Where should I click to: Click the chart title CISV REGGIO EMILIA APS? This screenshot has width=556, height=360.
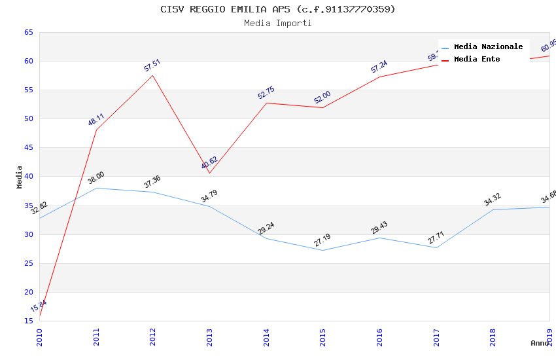(x=278, y=9)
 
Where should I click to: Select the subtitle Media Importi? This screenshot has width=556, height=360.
(x=278, y=23)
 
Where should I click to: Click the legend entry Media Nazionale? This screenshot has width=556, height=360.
(x=488, y=46)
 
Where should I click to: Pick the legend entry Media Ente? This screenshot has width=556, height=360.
(x=477, y=59)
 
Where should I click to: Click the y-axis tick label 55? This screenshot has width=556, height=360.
(x=28, y=90)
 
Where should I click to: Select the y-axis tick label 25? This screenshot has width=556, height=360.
(x=28, y=263)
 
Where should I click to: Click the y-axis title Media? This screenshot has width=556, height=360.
(x=20, y=177)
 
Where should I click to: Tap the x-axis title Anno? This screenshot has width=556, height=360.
(x=540, y=343)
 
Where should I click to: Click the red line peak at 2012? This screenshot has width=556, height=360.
(x=153, y=75)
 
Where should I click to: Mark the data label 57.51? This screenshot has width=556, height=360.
(x=152, y=65)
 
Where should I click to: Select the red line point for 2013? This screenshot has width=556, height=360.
(x=209, y=173)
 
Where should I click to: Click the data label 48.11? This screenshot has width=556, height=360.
(x=96, y=119)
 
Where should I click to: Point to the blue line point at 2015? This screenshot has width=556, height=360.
(x=322, y=250)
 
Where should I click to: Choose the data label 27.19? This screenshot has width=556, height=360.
(x=322, y=240)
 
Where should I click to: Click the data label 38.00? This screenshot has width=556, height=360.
(x=96, y=178)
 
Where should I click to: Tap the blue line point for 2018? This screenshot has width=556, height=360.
(x=493, y=209)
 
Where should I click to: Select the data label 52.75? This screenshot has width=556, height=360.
(x=266, y=93)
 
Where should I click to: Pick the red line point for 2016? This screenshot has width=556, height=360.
(x=379, y=77)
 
